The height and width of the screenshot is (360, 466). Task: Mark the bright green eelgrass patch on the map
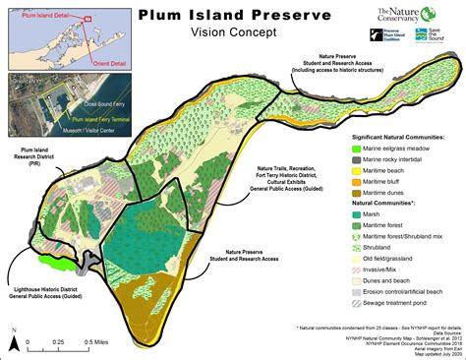tap(51, 262)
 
